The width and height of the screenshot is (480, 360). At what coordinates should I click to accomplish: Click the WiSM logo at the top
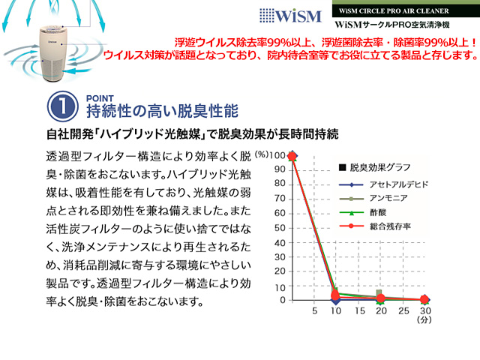point(290,16)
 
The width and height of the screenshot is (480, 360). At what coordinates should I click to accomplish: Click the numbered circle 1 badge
point(63,106)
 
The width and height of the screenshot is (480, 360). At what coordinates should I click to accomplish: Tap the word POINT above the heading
point(100,98)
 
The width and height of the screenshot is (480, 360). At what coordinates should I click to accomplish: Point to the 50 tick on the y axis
point(280,228)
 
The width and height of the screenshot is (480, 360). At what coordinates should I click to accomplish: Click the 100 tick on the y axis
point(278,155)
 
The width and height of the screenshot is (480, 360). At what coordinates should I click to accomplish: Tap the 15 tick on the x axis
point(360,310)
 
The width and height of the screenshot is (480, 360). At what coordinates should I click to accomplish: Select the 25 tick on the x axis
point(403,310)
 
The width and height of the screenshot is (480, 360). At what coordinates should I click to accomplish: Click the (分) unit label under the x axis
point(424,320)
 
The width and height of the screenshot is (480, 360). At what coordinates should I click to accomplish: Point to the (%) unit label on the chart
point(262,154)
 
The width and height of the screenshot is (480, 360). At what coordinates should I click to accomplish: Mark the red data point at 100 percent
point(292,157)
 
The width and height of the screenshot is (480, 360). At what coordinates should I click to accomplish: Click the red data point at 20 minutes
point(380,298)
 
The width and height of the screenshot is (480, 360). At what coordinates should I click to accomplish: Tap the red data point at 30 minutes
point(424,299)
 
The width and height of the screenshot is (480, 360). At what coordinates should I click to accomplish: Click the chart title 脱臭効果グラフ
point(380,167)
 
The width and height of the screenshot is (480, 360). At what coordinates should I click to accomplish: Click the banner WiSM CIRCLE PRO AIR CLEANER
point(394,11)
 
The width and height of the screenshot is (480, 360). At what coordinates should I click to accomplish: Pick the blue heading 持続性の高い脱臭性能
point(162,111)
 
